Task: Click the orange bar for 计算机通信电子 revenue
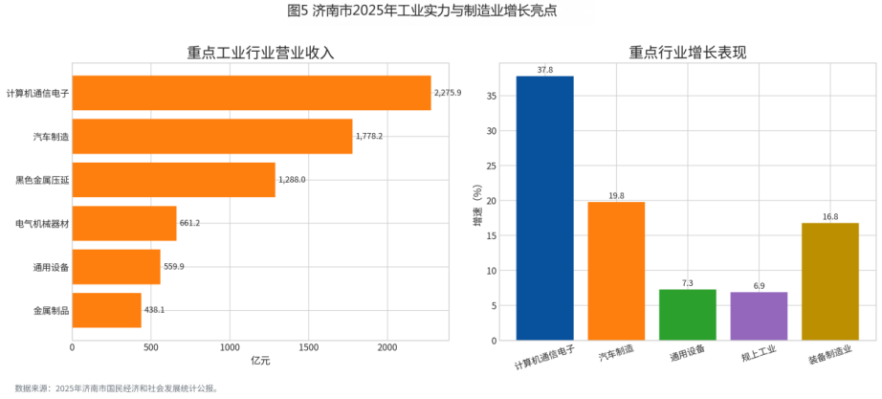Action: tap(251, 93)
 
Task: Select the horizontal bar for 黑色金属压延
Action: tap(173, 180)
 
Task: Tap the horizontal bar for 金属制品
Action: tap(106, 310)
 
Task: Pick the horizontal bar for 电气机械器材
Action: tap(123, 223)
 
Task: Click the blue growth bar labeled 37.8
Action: tap(544, 208)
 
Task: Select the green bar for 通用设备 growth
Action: tap(687, 315)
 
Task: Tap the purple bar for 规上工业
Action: tap(759, 316)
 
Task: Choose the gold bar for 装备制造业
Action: tap(829, 281)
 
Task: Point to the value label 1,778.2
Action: tap(369, 137)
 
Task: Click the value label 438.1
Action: tap(154, 310)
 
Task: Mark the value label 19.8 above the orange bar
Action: tap(616, 196)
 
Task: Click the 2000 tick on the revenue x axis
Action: tap(386, 348)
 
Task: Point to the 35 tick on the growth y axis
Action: tap(492, 96)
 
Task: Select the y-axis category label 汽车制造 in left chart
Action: tap(51, 137)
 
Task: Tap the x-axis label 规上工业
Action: tap(758, 359)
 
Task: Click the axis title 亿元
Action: tap(260, 361)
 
